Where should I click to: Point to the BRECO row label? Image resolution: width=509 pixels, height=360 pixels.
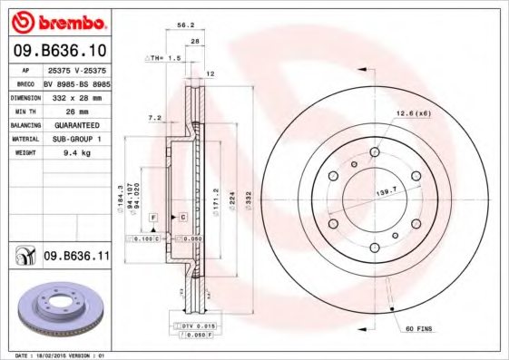(26, 81)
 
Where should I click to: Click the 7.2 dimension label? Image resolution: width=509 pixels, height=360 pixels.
(153, 118)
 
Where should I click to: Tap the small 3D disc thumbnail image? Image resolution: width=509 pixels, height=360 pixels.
(56, 308)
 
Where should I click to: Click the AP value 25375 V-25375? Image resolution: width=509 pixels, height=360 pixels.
(76, 69)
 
